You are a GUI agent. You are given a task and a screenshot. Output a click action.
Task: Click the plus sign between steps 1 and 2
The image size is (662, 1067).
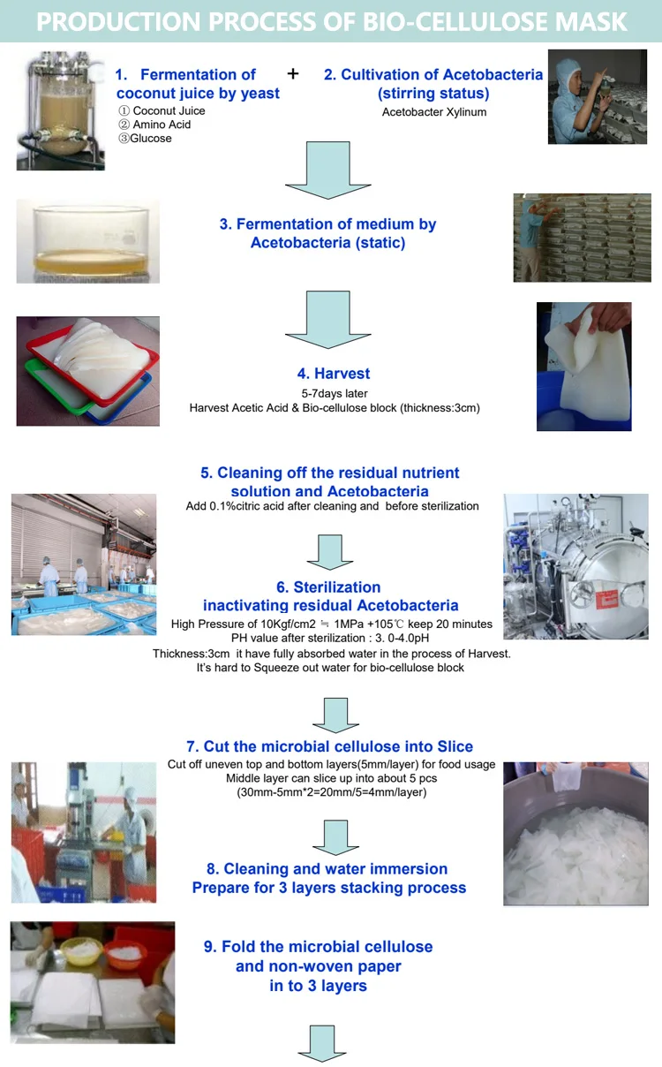293,74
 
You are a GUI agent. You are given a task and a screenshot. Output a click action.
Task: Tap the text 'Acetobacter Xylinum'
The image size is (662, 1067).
434,112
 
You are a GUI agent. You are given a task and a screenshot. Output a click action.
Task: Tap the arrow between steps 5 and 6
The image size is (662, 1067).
328,551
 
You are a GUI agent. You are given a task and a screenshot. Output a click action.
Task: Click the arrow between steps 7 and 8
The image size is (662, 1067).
328,835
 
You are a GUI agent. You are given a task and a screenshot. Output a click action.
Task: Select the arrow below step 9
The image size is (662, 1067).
321,1042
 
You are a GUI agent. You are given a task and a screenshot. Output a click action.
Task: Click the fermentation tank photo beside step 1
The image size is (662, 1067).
60,110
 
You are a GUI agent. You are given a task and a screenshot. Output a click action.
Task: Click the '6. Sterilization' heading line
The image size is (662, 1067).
328,587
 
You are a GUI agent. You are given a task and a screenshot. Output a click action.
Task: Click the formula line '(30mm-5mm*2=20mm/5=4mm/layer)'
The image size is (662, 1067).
331,792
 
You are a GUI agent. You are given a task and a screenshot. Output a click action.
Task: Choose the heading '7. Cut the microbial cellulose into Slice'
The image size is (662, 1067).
329,746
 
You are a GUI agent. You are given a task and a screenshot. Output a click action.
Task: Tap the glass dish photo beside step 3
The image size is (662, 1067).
87,241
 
